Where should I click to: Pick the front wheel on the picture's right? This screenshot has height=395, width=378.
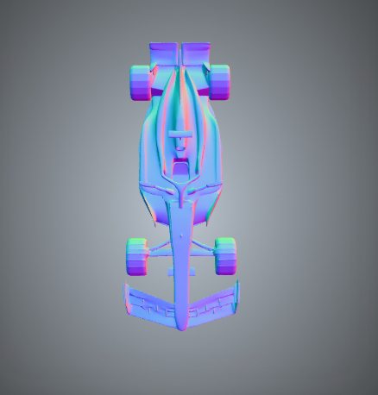click(225, 255)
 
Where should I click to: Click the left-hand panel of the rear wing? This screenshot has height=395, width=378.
click(164, 53)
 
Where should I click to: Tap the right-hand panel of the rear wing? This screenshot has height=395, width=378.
click(195, 53)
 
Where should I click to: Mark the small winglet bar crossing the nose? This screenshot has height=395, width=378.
click(181, 273)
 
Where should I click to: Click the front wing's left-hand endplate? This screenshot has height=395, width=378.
click(127, 296)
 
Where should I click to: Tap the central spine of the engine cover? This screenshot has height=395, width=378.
click(180, 95)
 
